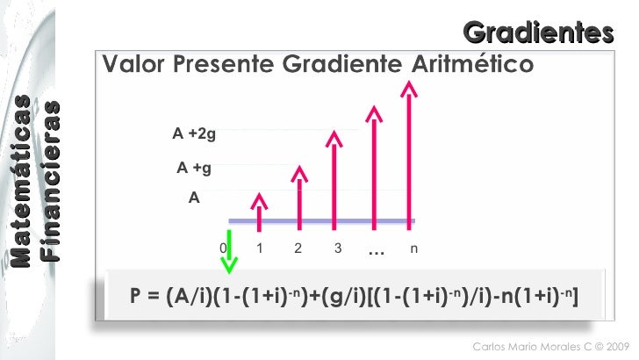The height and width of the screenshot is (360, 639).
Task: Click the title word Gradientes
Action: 538,32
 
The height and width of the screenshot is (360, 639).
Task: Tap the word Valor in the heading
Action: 133,65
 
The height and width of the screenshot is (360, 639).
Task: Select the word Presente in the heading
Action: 220,65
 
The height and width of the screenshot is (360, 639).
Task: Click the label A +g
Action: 194,167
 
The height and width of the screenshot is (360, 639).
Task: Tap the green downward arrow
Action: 229,250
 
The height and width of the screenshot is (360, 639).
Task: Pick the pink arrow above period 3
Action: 334,176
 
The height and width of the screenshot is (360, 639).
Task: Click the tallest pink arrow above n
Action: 407,149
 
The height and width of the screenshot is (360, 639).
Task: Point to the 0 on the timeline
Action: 223,248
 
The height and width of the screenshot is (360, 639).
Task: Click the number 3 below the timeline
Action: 338,248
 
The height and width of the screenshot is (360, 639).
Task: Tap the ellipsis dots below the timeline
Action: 377,252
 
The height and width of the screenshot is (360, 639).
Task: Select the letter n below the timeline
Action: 413,248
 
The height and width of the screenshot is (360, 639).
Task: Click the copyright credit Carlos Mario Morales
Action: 545,346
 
